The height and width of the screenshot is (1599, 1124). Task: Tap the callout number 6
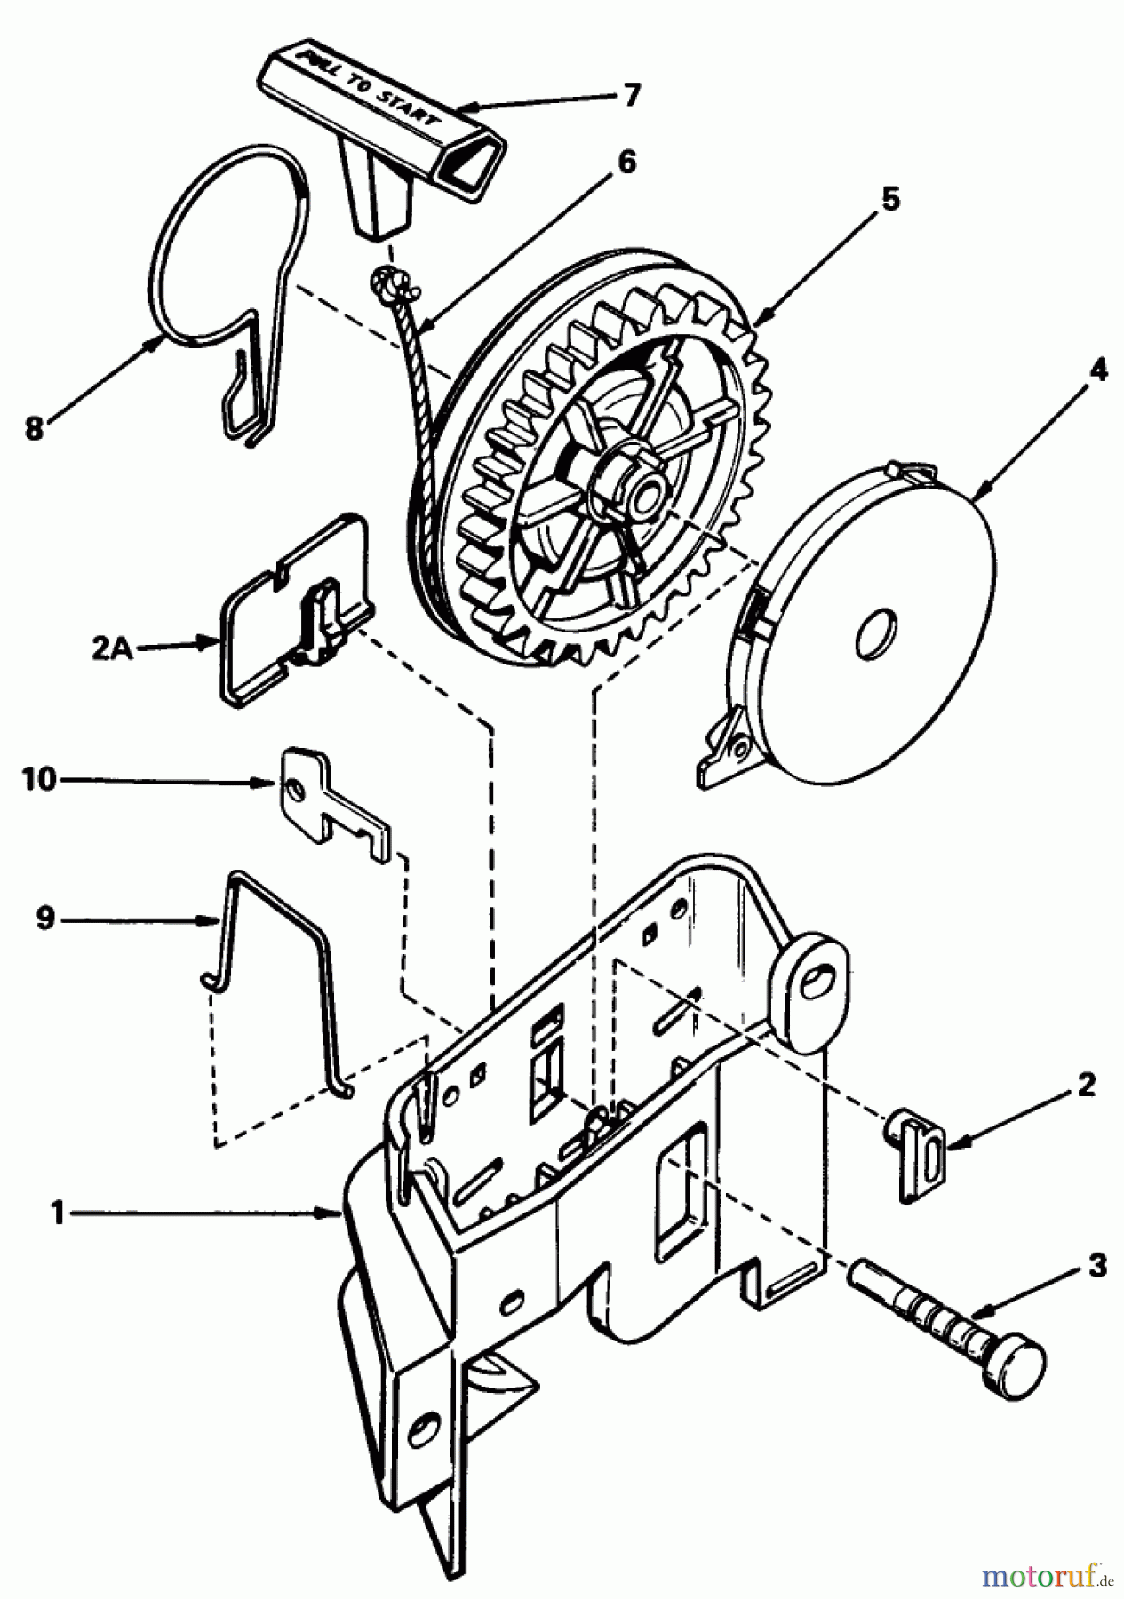click(627, 163)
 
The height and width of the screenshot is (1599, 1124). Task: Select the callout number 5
click(889, 200)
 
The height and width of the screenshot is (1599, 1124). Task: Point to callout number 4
click(1098, 370)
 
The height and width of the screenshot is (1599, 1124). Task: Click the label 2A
click(113, 649)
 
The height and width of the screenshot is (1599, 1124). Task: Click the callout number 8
click(33, 430)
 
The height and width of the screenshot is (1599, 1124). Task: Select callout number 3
click(1099, 1265)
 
